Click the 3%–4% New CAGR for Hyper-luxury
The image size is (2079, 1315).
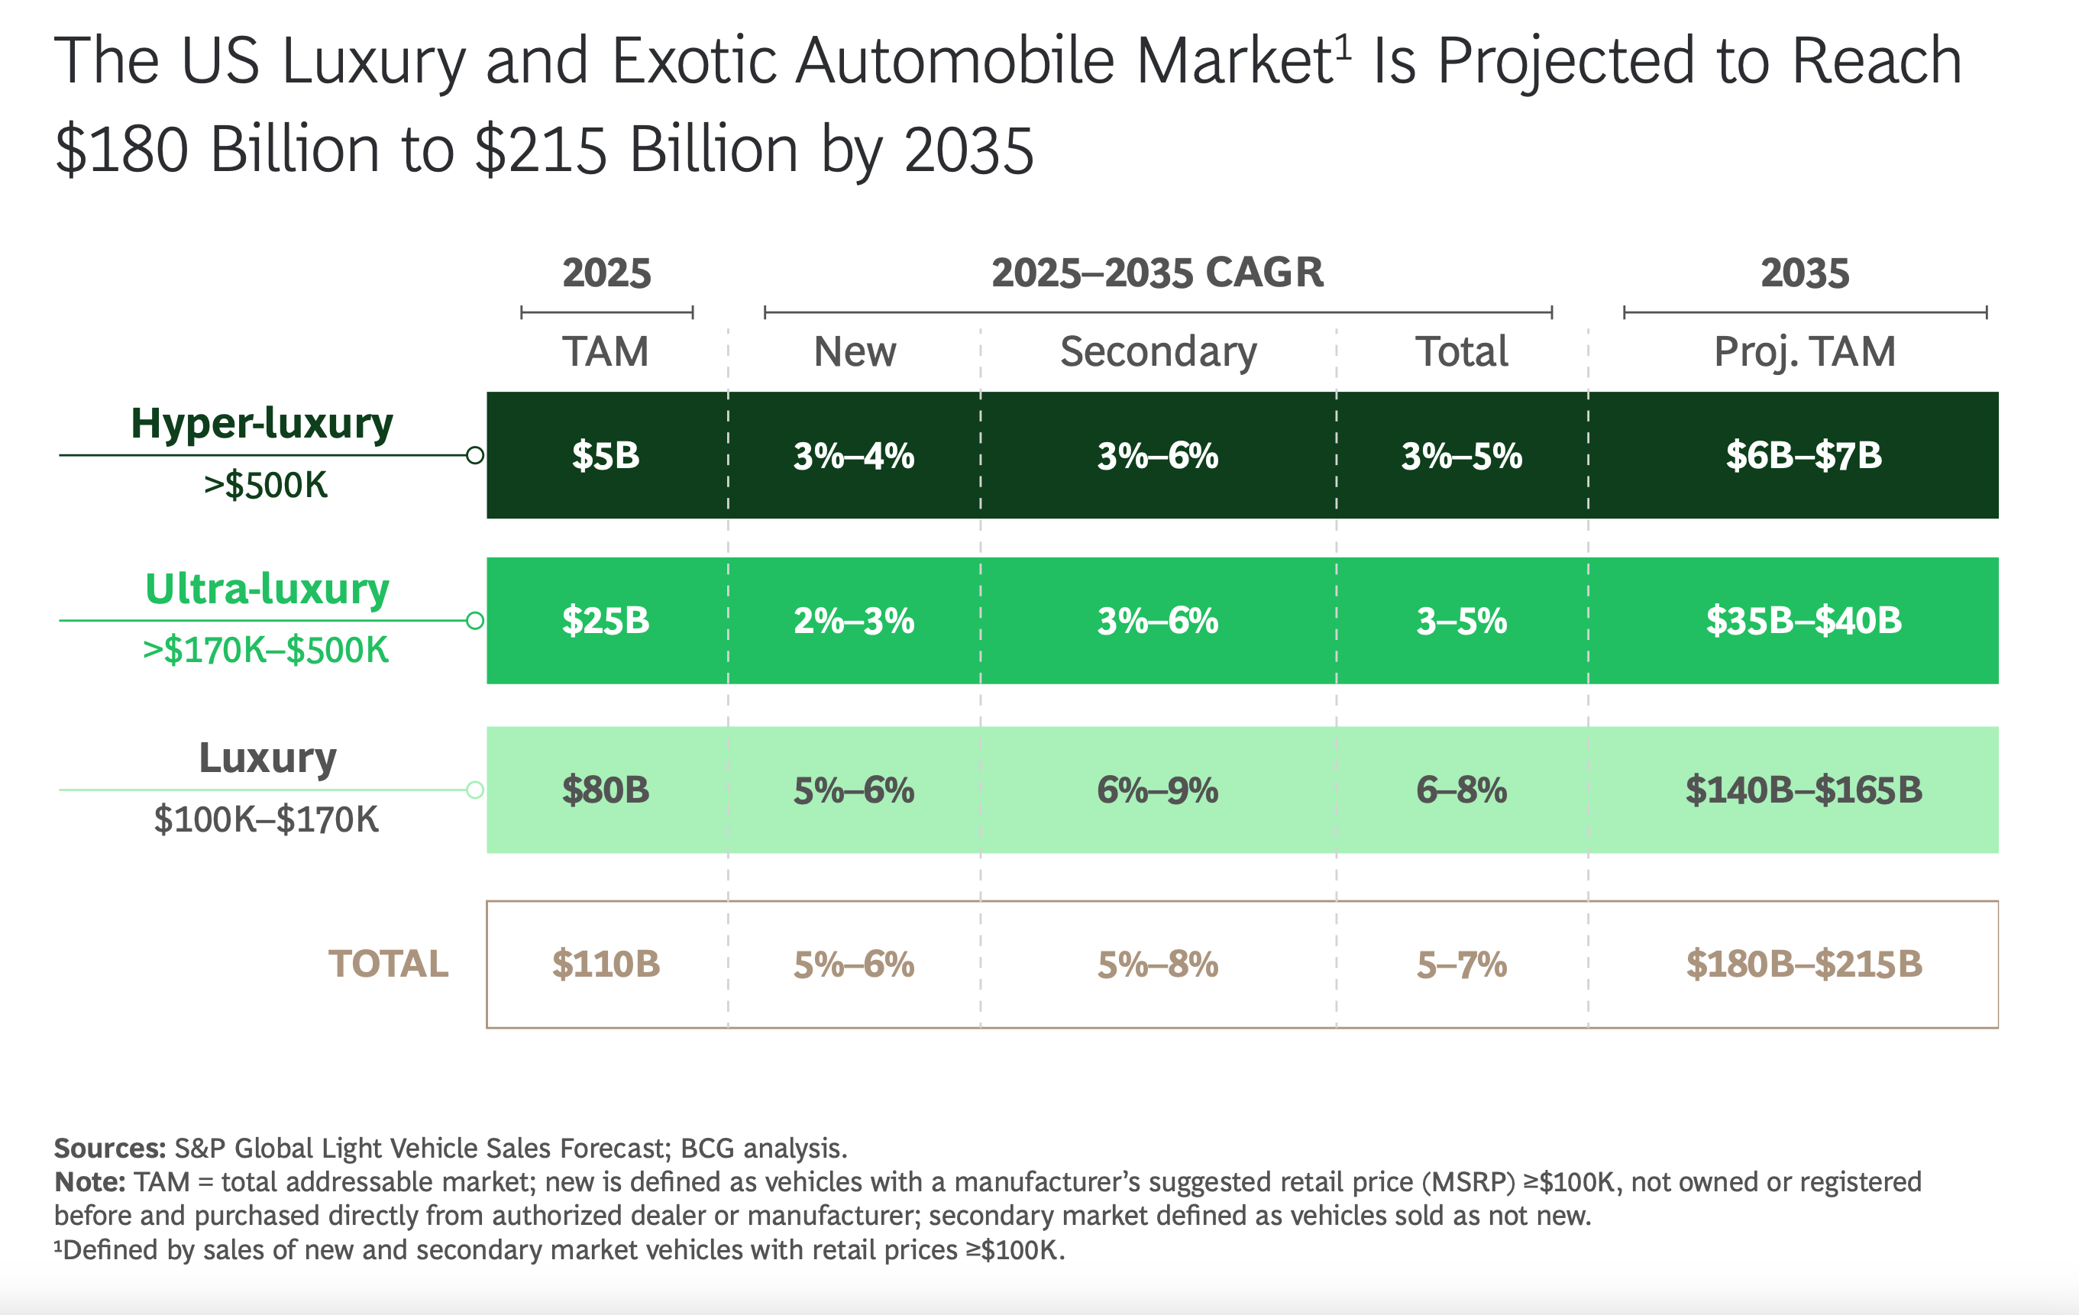pyautogui.click(x=854, y=455)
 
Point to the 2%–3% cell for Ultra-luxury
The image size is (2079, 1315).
pyautogui.click(x=854, y=620)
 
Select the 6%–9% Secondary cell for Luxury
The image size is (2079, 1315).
pyautogui.click(x=1157, y=789)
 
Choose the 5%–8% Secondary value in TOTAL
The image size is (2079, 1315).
pyautogui.click(x=1157, y=964)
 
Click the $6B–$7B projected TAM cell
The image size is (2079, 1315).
pyautogui.click(x=1803, y=455)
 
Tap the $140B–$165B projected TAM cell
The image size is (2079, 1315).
pyautogui.click(x=1803, y=789)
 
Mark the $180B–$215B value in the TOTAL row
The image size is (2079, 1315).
pyautogui.click(x=1803, y=964)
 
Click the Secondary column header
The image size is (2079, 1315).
pyautogui.click(x=1158, y=351)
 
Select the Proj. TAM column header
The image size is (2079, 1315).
pyautogui.click(x=1803, y=351)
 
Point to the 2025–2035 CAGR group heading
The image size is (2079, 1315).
pyautogui.click(x=1157, y=273)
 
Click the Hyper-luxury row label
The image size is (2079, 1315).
pyautogui.click(x=262, y=423)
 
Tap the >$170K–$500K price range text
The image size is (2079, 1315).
pyautogui.click(x=266, y=650)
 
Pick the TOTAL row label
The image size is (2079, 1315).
pyautogui.click(x=388, y=964)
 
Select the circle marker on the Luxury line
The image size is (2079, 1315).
pyautogui.click(x=475, y=789)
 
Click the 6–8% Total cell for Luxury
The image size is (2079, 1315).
pyautogui.click(x=1461, y=789)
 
